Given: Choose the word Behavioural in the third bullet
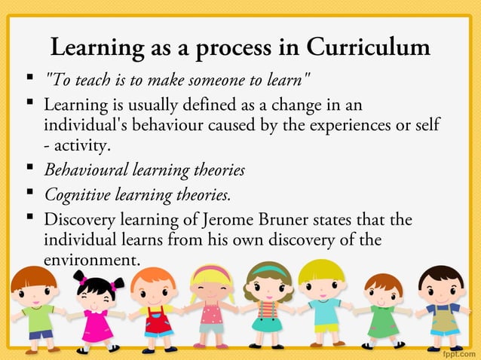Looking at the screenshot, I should pos(85,169).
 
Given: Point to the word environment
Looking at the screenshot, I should pos(91,261).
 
